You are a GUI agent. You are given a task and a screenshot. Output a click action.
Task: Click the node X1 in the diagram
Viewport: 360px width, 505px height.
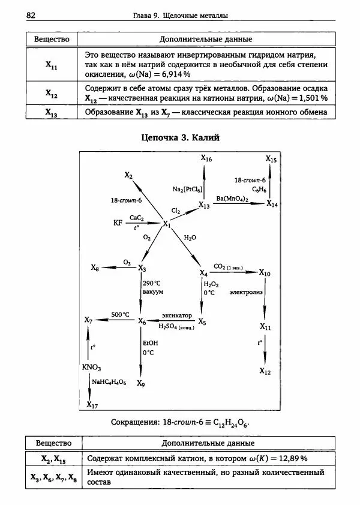point(167,224)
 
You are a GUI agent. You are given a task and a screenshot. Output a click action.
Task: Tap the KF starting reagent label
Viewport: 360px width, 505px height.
point(118,223)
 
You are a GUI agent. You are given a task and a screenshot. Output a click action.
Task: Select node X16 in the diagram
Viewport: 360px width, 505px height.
point(206,158)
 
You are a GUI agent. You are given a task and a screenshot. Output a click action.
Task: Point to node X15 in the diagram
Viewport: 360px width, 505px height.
point(271,159)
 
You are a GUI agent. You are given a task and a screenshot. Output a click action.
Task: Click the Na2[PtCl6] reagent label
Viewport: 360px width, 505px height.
point(187,190)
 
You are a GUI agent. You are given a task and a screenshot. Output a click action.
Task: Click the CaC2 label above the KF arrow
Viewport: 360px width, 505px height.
point(136,218)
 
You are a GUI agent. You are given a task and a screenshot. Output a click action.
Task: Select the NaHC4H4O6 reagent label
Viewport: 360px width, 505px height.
point(109,381)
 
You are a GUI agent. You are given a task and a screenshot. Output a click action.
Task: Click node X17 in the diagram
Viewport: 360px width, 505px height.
point(92,405)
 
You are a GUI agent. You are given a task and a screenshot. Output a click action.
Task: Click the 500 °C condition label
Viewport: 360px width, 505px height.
point(120,314)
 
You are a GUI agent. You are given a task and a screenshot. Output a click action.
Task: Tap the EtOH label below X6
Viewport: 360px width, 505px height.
point(150,342)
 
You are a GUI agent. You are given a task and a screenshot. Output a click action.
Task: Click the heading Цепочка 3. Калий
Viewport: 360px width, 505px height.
point(180,138)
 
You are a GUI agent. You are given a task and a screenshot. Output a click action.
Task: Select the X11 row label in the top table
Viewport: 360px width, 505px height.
point(52,65)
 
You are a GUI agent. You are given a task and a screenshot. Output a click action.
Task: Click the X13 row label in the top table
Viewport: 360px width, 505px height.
point(52,112)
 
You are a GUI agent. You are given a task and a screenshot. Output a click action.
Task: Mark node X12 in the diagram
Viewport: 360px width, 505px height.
point(265,371)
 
